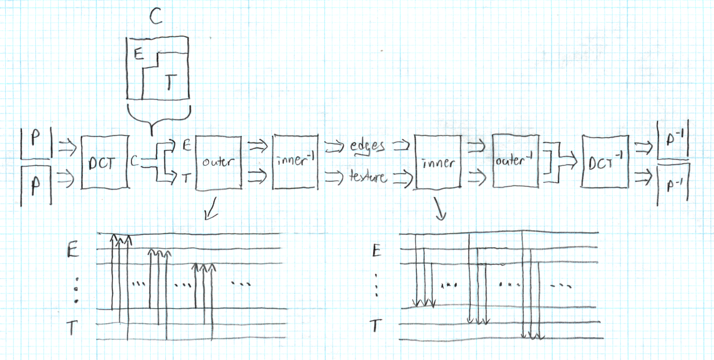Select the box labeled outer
[218, 162]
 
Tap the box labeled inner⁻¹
[294, 162]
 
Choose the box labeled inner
[439, 162]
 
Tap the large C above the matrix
[155, 17]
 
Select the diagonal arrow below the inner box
[440, 211]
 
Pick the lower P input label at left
[36, 184]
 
